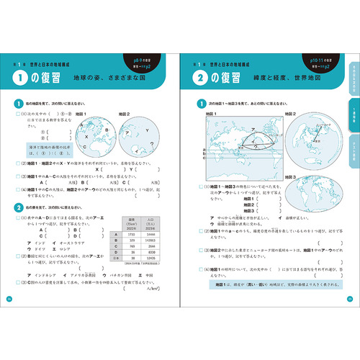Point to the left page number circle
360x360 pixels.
pos(9,300)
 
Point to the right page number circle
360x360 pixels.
pos(350,300)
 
